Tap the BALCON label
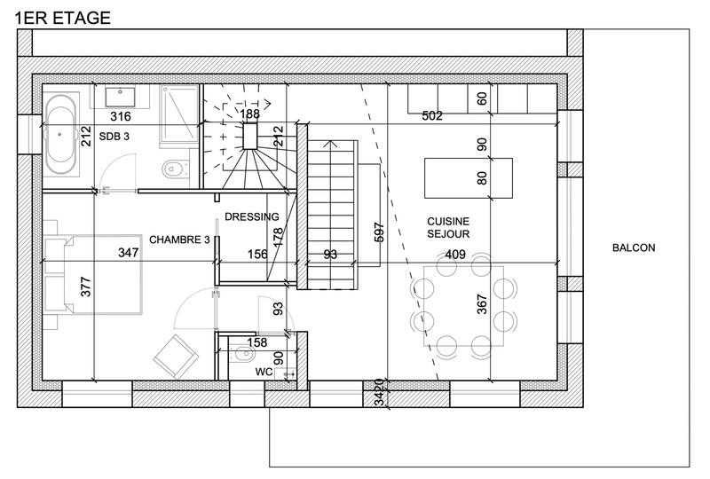[x=634, y=248]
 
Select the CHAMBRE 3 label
[x=180, y=239]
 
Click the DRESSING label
[x=252, y=216]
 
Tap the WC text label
[x=264, y=372]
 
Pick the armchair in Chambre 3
[x=176, y=357]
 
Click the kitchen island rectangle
[x=469, y=177]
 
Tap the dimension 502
[x=432, y=116]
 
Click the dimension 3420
[x=379, y=393]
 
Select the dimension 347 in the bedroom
[x=129, y=254]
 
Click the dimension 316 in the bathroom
[x=120, y=116]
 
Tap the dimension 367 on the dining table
[x=483, y=303]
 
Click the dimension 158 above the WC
[x=256, y=342]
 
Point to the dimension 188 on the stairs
[x=250, y=114]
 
